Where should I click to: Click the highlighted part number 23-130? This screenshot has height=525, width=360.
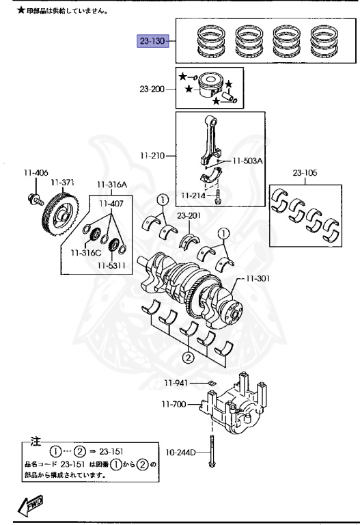click(x=152, y=41)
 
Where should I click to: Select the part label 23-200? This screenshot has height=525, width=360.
click(x=152, y=89)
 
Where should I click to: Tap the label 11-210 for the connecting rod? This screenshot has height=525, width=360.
click(x=152, y=156)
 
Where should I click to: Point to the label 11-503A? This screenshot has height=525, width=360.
click(x=247, y=161)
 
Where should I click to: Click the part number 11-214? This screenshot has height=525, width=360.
click(x=193, y=196)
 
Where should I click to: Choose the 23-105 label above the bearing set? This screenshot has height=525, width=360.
click(x=305, y=173)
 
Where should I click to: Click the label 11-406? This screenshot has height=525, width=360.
click(x=36, y=173)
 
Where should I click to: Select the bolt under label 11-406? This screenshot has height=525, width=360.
click(x=36, y=200)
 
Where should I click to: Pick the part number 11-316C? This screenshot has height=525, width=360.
click(x=85, y=253)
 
